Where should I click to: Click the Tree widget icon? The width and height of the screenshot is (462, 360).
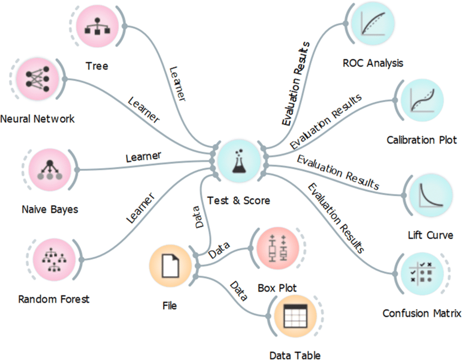click(97, 27)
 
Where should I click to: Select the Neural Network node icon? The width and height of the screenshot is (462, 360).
click(38, 79)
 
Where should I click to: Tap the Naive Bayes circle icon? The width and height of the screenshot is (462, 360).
click(50, 170)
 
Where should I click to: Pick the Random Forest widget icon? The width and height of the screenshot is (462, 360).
click(54, 260)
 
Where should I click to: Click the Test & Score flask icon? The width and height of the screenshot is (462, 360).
click(239, 161)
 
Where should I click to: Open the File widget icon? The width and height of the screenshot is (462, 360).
click(170, 266)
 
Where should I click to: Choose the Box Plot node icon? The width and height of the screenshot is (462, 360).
click(278, 249)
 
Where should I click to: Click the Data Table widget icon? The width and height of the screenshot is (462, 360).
click(295, 316)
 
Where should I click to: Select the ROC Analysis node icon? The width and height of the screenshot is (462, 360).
click(373, 23)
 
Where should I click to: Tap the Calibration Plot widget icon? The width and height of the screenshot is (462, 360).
click(422, 100)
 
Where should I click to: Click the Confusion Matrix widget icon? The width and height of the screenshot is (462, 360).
click(422, 274)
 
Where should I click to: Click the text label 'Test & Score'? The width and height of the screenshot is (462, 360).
click(239, 201)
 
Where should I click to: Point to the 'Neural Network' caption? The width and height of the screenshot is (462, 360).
click(38, 119)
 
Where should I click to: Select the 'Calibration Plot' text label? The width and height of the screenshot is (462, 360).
click(422, 140)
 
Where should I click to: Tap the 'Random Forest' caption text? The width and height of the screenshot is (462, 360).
click(54, 299)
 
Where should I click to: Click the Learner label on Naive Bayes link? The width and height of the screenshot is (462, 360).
click(143, 157)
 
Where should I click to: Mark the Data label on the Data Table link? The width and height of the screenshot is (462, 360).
click(239, 291)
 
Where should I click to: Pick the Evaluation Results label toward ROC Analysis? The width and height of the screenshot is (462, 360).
click(296, 84)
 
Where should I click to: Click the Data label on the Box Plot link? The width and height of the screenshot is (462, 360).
click(219, 250)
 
